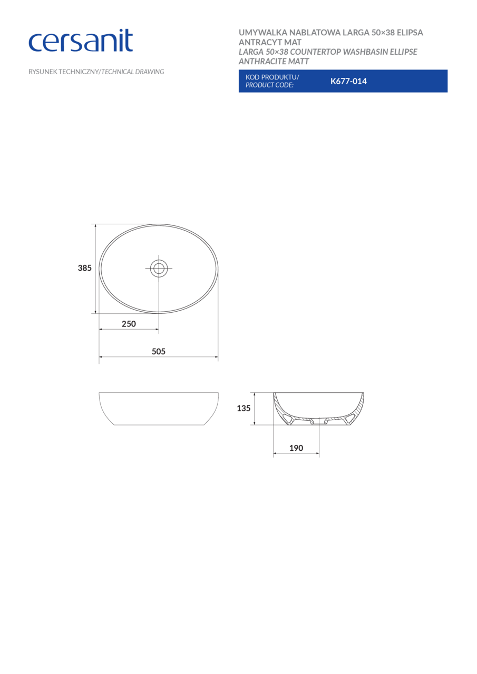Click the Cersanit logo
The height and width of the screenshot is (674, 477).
(x=81, y=41)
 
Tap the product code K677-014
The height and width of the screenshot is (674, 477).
(x=348, y=81)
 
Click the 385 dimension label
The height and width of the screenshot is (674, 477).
(x=85, y=268)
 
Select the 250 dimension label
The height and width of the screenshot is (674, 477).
(x=129, y=324)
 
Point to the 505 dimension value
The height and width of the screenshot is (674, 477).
(x=159, y=351)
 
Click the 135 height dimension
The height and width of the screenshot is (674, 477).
(x=244, y=408)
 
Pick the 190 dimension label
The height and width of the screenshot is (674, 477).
(x=296, y=448)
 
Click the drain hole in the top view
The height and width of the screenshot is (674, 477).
(x=159, y=269)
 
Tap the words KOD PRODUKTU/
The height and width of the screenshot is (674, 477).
(x=272, y=77)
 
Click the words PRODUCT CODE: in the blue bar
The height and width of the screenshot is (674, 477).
(x=269, y=85)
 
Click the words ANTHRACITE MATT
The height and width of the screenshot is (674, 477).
(x=274, y=62)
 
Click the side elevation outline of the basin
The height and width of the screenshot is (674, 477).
(x=159, y=409)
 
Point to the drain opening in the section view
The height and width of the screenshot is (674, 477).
(x=318, y=421)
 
